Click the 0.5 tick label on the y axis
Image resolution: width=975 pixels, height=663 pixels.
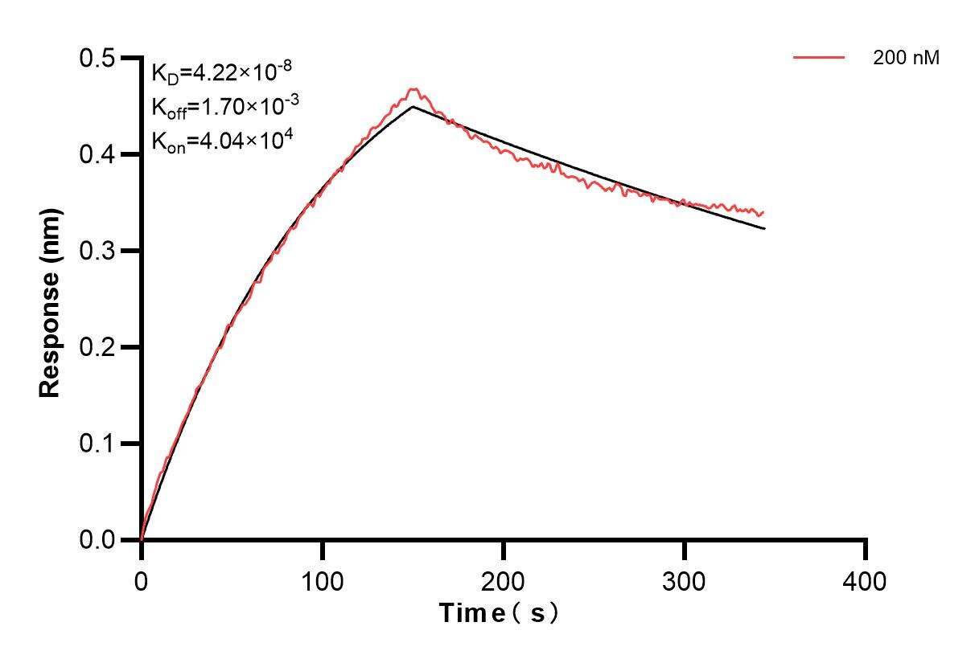click(x=97, y=59)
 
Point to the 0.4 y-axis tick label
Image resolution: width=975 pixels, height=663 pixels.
click(x=97, y=155)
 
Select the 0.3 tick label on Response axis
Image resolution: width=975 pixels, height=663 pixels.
click(x=97, y=252)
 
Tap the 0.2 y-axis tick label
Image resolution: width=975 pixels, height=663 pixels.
click(x=97, y=348)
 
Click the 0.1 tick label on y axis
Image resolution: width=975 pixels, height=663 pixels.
click(x=97, y=444)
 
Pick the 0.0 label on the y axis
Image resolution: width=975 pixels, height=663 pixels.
click(x=97, y=541)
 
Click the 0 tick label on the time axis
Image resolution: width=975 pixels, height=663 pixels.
click(x=142, y=580)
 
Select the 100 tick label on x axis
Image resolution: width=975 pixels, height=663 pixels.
click(x=323, y=580)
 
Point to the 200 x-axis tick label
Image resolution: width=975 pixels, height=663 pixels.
click(x=504, y=580)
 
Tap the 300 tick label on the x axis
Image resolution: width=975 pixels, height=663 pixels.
click(x=685, y=580)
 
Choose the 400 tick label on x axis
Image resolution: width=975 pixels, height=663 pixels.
click(x=866, y=580)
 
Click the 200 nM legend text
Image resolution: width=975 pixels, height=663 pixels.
click(x=906, y=58)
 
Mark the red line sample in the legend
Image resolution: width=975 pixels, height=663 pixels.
click(x=819, y=58)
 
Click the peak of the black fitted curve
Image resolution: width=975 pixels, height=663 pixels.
click(x=413, y=106)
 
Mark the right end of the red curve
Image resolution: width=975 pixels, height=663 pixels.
click(x=763, y=212)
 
